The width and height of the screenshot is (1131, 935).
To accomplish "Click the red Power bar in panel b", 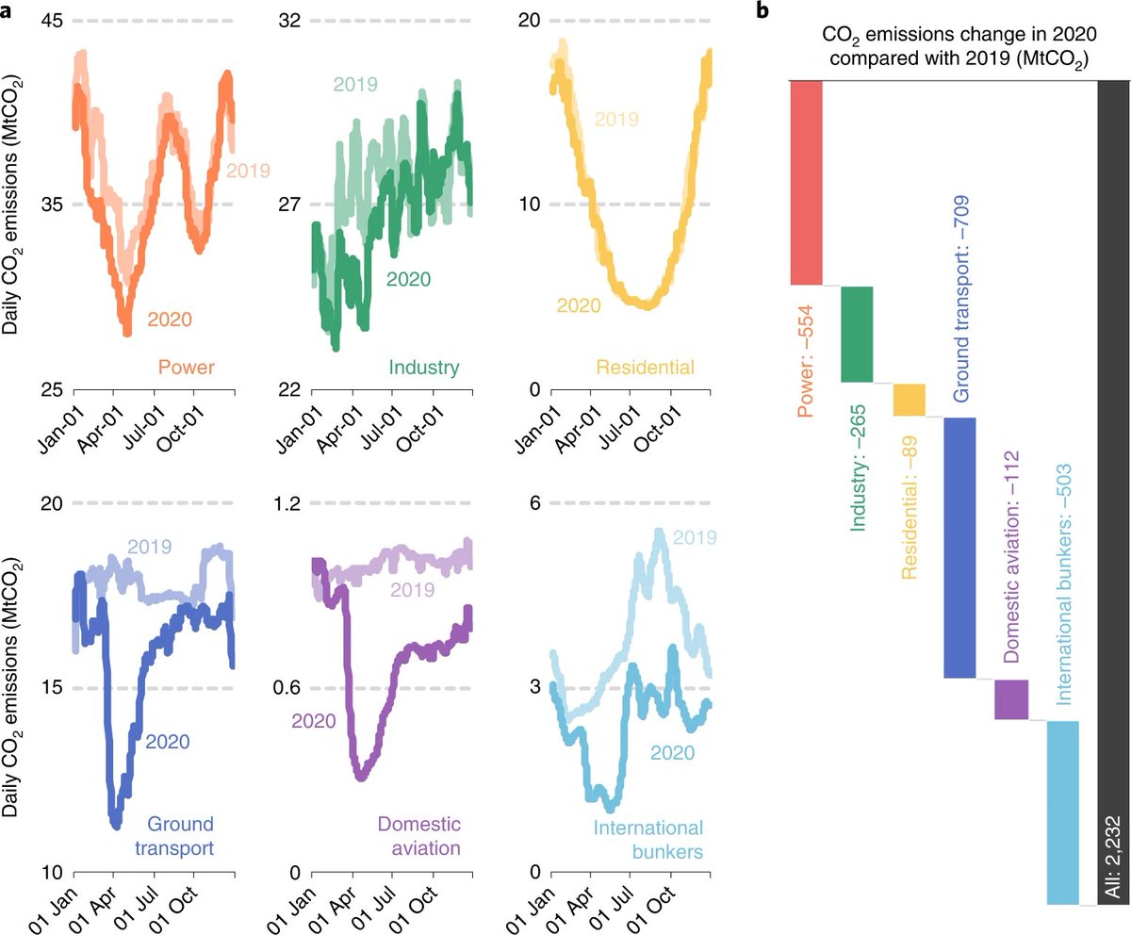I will [x=806, y=182].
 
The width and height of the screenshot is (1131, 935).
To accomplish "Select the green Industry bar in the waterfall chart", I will [x=857, y=334].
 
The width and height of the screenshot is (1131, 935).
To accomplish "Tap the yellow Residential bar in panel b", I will [x=909, y=400].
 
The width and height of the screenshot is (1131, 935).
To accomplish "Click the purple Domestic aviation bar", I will [x=1010, y=698].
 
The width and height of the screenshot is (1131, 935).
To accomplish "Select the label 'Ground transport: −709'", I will [x=959, y=300].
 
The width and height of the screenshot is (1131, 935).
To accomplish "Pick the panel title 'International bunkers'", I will [x=647, y=840].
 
